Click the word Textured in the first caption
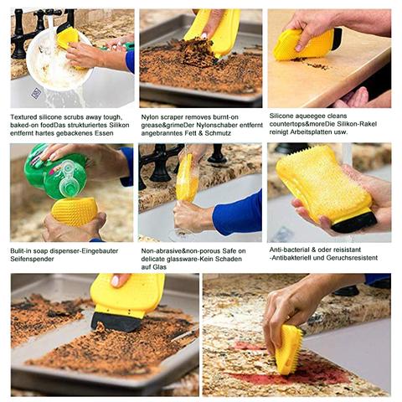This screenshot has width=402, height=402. (x=23, y=117)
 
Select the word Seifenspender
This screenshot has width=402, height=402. (x=32, y=259)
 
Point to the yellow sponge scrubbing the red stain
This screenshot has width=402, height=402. (x=289, y=350)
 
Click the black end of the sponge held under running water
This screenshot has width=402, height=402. (x=354, y=222)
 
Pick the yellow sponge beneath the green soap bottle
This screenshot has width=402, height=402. (x=74, y=212)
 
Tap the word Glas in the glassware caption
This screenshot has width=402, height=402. (x=159, y=267)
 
